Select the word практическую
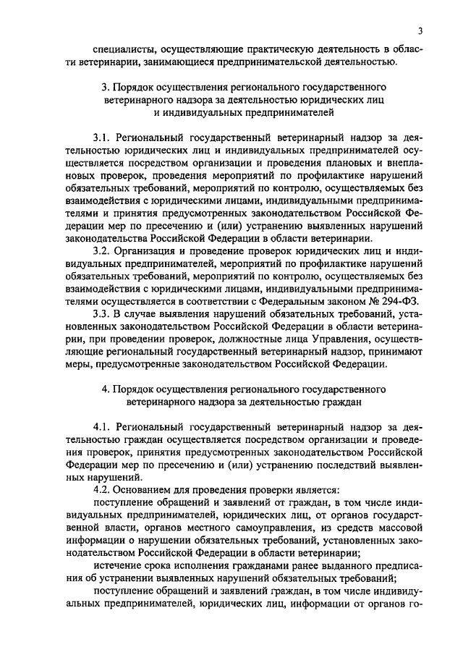(x=273, y=48)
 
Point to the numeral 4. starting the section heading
(x=106, y=389)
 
